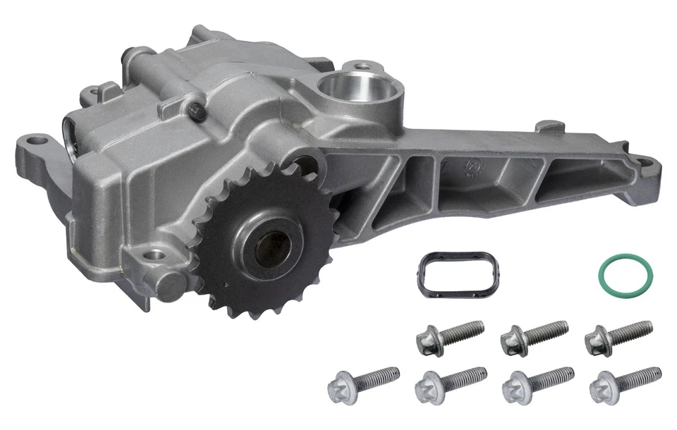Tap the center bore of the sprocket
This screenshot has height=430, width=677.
pyautogui.click(x=271, y=249)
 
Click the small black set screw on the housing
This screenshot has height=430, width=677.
pyautogui.click(x=198, y=111)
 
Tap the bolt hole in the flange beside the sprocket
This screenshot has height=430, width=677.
pyautogui.click(x=154, y=254)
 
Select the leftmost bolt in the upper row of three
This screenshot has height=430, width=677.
pyautogui.click(x=449, y=337)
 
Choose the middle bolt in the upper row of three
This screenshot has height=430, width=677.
pyautogui.click(x=533, y=337)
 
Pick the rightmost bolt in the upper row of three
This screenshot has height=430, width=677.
pyautogui.click(x=617, y=337)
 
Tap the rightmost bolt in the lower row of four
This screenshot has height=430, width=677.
pyautogui.click(x=625, y=383)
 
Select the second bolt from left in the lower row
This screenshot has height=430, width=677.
pyautogui.click(x=450, y=383)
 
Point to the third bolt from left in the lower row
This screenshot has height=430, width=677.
pyautogui.click(x=537, y=383)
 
